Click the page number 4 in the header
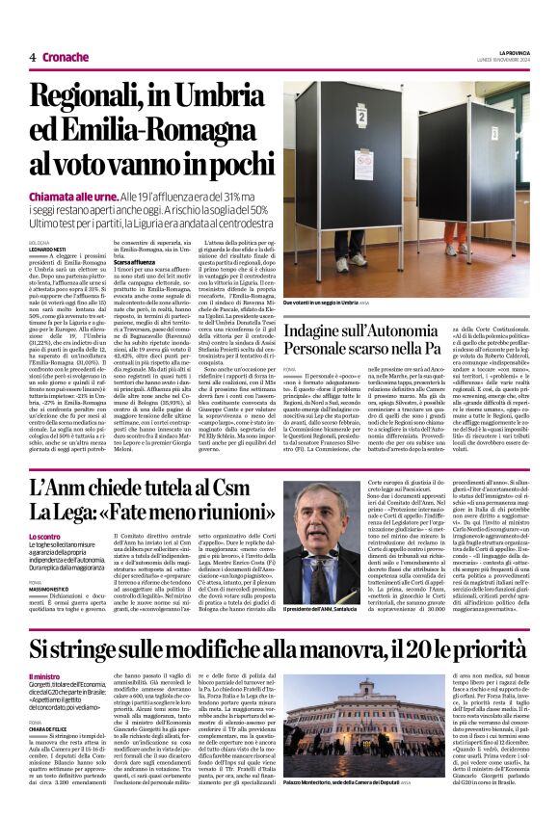coord(32,57)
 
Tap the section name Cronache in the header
coord(65,57)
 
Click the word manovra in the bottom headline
coord(351,648)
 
